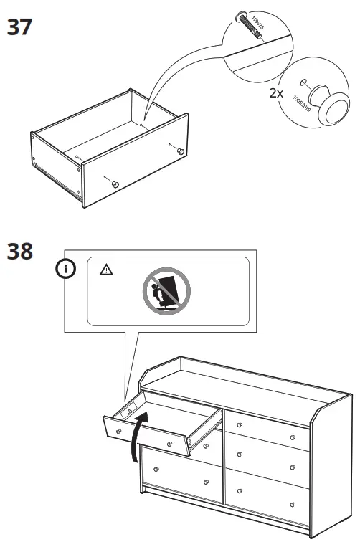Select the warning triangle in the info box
pyautogui.click(x=106, y=270)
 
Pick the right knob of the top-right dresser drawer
pyautogui.click(x=293, y=437)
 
